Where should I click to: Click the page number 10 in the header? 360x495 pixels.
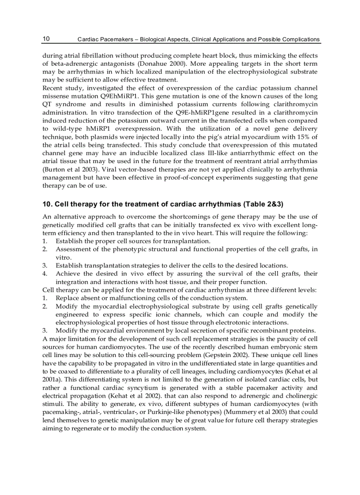(46, 39)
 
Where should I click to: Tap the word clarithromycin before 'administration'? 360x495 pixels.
(292, 104)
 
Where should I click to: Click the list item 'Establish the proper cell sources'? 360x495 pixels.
(132, 241)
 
